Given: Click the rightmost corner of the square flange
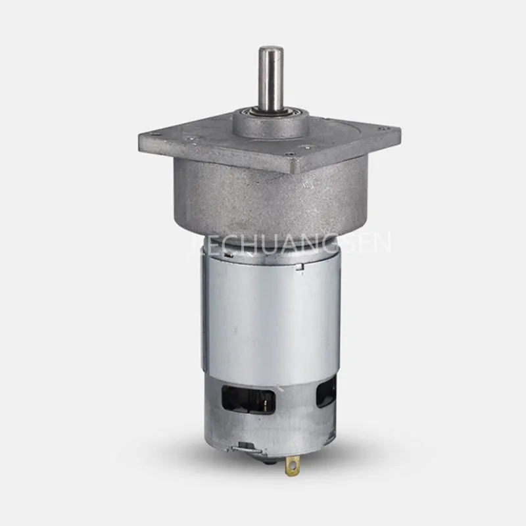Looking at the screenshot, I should pos(398,129).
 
